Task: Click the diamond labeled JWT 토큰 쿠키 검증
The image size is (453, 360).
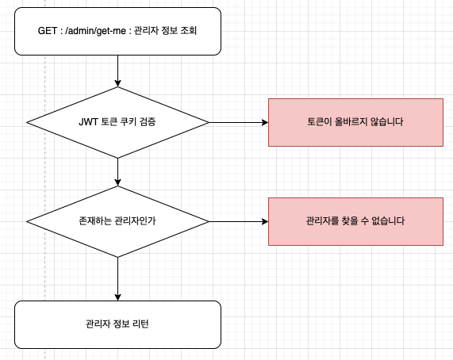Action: click(x=117, y=123)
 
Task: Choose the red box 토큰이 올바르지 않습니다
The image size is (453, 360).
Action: click(x=355, y=123)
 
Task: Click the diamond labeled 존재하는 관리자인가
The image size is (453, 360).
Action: click(x=117, y=221)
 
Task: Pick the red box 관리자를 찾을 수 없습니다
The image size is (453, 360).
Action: click(x=355, y=221)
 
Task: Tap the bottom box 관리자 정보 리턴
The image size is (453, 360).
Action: click(x=117, y=324)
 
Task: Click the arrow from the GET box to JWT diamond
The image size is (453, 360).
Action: click(x=117, y=71)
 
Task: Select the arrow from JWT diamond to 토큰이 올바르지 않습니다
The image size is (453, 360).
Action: click(x=238, y=123)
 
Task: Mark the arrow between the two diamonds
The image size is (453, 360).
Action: click(x=117, y=170)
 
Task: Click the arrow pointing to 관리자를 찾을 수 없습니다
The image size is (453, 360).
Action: click(x=238, y=221)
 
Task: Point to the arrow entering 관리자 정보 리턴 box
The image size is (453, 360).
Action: click(x=117, y=278)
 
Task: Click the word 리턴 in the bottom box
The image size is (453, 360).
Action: click(x=140, y=324)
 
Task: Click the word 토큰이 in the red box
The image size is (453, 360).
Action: click(x=320, y=123)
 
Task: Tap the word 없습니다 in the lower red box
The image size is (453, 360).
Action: click(x=386, y=221)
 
